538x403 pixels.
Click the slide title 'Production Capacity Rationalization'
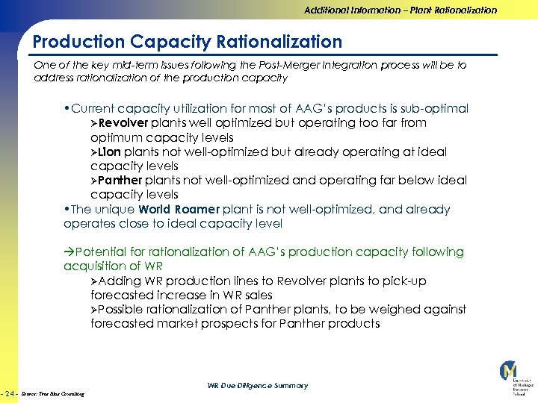pyautogui.click(x=188, y=42)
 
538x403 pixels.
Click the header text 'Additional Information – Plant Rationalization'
pyautogui.click(x=400, y=10)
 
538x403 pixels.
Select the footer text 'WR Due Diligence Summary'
pyautogui.click(x=257, y=386)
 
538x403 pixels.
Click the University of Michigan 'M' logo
pyautogui.click(x=508, y=372)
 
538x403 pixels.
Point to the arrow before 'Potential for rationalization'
pyautogui.click(x=69, y=252)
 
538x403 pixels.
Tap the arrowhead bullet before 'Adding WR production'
pyautogui.click(x=94, y=281)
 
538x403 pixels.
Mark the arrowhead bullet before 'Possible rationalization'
pyautogui.click(x=94, y=310)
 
